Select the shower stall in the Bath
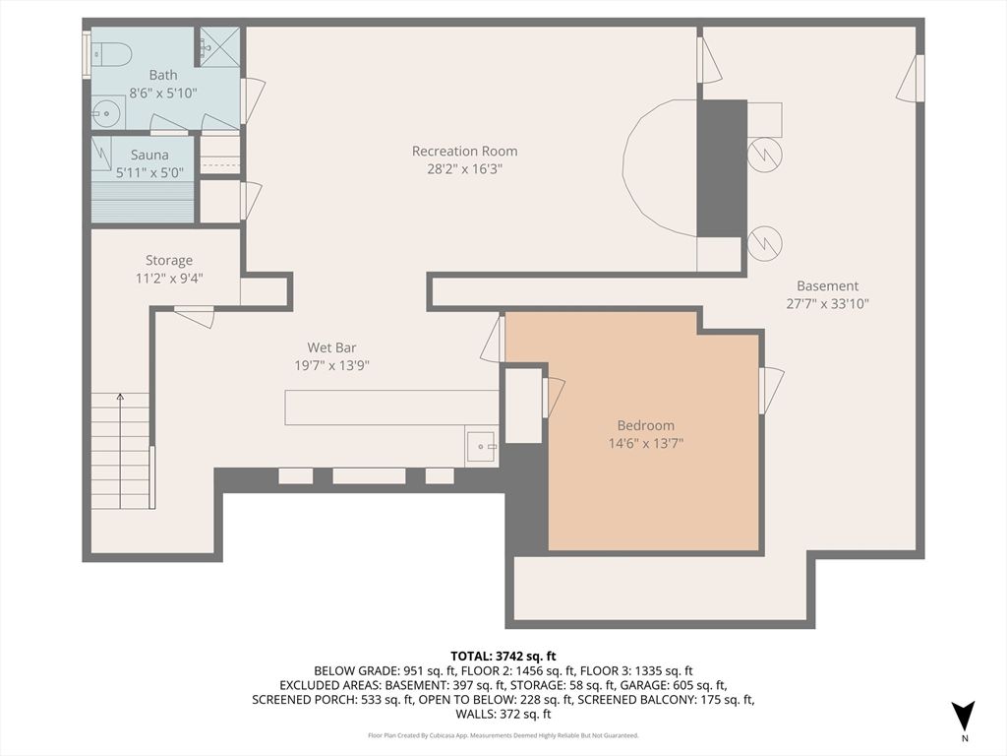tap(219, 47)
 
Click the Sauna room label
tap(149, 155)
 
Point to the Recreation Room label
tap(464, 151)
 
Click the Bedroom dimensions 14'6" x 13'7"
tap(645, 443)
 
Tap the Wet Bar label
tap(331, 346)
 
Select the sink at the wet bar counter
tap(482, 447)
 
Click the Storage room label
tap(169, 260)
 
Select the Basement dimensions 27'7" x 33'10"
tap(827, 303)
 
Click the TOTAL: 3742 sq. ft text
tap(503, 656)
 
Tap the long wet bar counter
tap(391, 408)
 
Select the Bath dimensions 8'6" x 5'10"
tap(163, 93)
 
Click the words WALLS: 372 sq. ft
tap(503, 714)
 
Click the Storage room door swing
tap(195, 317)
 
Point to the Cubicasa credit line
tap(503, 735)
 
